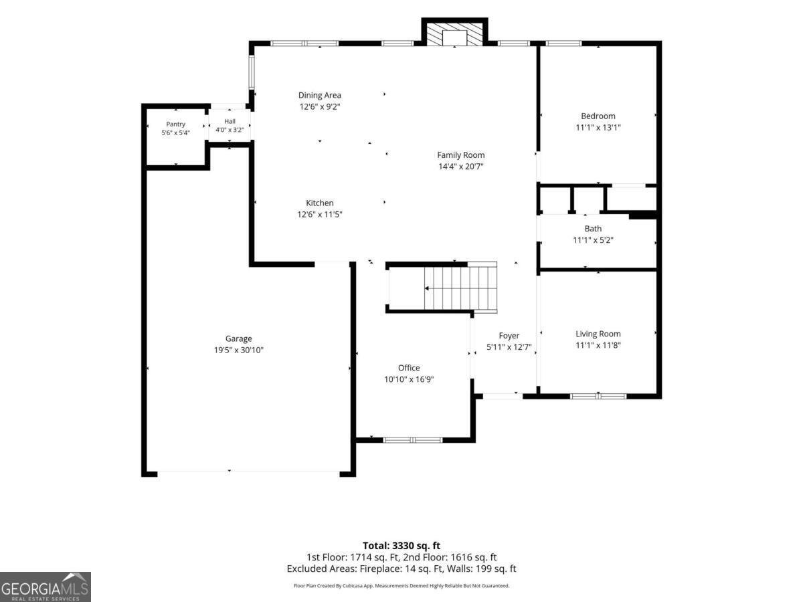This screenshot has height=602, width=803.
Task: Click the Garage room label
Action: pyautogui.click(x=238, y=338)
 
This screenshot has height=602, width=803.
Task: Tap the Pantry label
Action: pyautogui.click(x=175, y=124)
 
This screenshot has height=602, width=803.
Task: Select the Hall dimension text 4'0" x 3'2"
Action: pyautogui.click(x=230, y=130)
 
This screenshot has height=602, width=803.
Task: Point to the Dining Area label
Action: pyautogui.click(x=320, y=95)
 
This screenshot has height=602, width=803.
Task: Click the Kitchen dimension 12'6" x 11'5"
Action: pyautogui.click(x=320, y=214)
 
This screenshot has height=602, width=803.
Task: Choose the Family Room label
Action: pyautogui.click(x=461, y=155)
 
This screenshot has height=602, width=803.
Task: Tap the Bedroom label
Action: pyautogui.click(x=598, y=116)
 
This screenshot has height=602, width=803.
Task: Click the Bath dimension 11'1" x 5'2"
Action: pyautogui.click(x=593, y=240)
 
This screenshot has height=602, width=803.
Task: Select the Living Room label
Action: pyautogui.click(x=598, y=334)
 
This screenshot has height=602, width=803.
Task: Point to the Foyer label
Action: pyautogui.click(x=509, y=336)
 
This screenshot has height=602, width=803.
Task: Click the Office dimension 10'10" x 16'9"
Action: pyautogui.click(x=409, y=379)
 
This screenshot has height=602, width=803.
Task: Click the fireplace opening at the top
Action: pyautogui.click(x=454, y=38)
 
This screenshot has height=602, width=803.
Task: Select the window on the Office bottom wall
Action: pyautogui.click(x=413, y=440)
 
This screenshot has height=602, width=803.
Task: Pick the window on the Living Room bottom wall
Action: pyautogui.click(x=598, y=396)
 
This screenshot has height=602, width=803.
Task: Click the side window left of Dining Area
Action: pyautogui.click(x=252, y=72)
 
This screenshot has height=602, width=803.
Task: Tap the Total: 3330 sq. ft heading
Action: pyautogui.click(x=401, y=546)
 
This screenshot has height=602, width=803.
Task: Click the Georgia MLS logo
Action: pyautogui.click(x=46, y=587)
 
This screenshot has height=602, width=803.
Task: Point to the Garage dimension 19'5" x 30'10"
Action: pyautogui.click(x=238, y=350)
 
